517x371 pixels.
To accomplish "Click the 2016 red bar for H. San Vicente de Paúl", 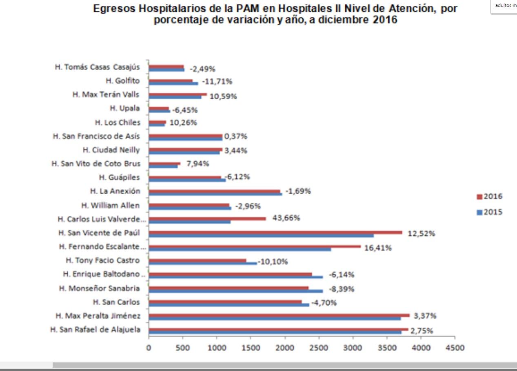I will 275,232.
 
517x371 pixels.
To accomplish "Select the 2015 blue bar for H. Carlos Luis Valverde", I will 190,222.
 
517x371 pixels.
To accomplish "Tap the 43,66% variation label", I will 286,218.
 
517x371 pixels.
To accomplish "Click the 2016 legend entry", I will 490,197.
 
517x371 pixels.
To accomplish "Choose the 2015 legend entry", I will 490,212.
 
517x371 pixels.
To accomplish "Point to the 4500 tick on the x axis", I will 455,348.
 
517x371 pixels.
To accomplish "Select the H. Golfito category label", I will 122,81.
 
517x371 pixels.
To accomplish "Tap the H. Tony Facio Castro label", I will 102,260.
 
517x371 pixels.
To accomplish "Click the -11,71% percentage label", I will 217,81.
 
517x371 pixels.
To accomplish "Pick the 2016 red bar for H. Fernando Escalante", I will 255,246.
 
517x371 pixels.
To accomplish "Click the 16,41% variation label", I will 378,248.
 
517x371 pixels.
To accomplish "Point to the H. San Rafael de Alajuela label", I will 95,329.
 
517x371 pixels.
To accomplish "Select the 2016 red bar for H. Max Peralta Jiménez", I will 279,315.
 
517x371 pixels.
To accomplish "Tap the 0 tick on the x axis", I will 149,348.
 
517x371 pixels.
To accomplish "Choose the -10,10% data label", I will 272,261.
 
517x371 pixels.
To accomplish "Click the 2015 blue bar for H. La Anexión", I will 215,194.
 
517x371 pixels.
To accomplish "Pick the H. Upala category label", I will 125,108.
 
